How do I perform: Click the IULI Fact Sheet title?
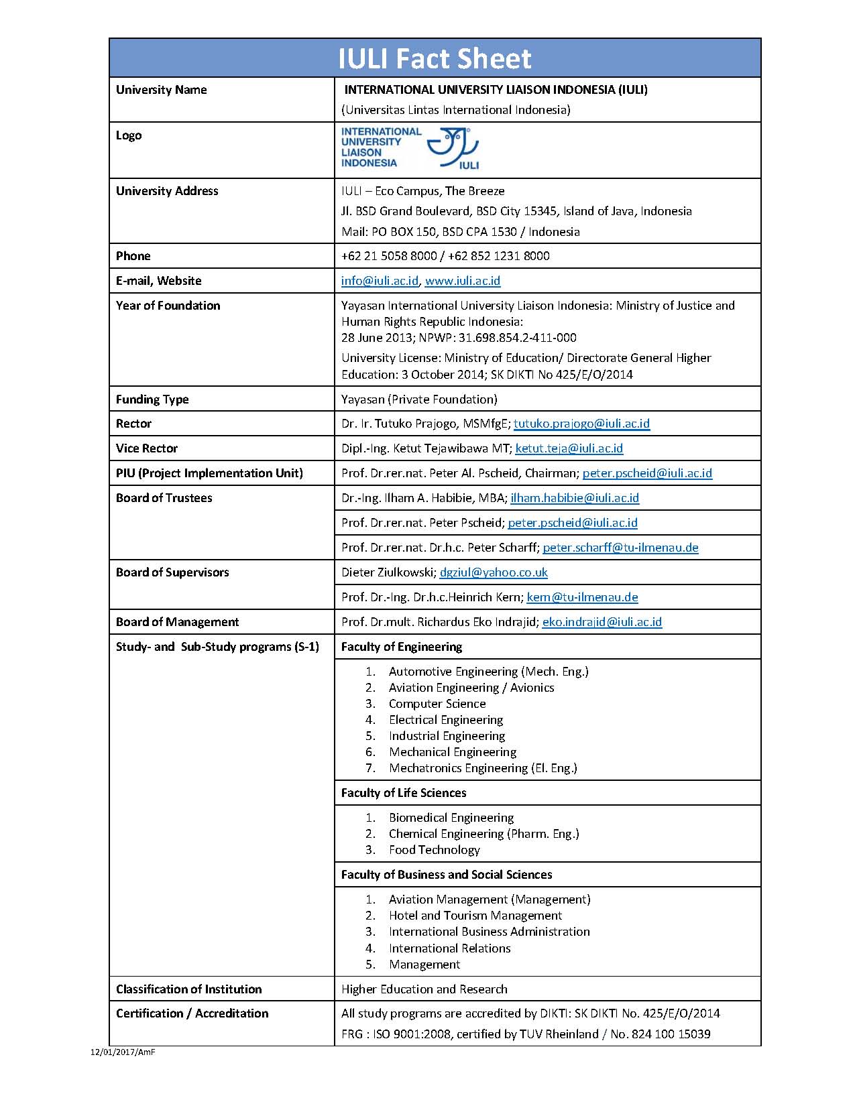tap(435, 59)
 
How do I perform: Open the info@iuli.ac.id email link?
tap(380, 281)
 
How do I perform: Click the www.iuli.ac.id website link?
tap(463, 281)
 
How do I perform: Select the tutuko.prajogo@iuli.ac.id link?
tap(581, 424)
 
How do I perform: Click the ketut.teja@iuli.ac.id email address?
tap(569, 448)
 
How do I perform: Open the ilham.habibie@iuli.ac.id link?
tap(575, 498)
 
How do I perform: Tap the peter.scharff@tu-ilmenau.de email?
tap(620, 548)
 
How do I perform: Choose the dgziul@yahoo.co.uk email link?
tap(494, 572)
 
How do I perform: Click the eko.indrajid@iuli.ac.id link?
tap(602, 622)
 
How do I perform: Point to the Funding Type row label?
tap(152, 399)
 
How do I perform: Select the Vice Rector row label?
tap(147, 448)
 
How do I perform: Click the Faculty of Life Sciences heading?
tap(403, 793)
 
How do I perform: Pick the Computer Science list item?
tap(437, 704)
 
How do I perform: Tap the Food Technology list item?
tap(434, 850)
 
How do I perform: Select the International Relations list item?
tap(449, 948)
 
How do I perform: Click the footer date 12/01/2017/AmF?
tap(123, 1052)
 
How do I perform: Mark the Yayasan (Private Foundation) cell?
tap(419, 399)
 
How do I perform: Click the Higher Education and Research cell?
tap(424, 989)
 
